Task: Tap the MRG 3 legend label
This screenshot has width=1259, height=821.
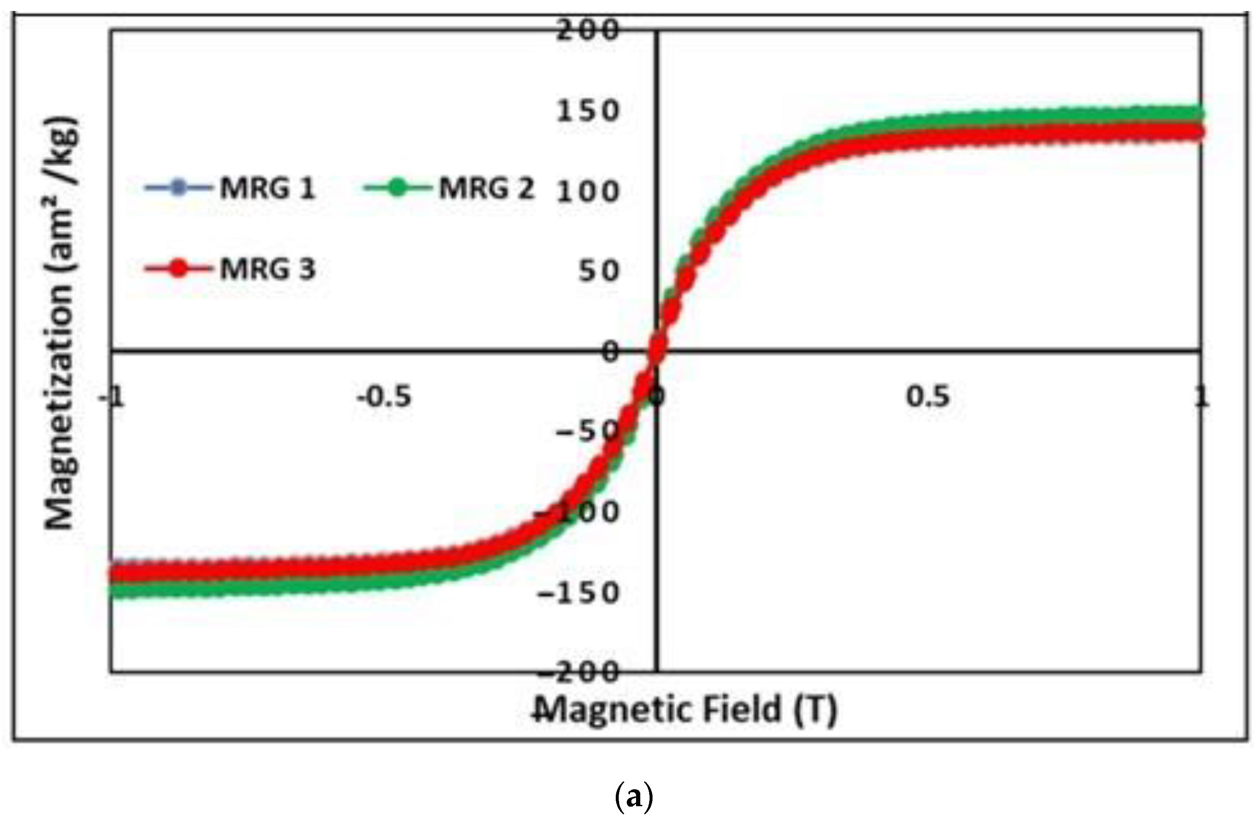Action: tap(267, 269)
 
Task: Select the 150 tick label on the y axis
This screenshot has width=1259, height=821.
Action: tap(587, 111)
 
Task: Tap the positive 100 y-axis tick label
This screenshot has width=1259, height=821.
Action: tap(587, 192)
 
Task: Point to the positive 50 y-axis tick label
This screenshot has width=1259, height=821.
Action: tap(598, 271)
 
